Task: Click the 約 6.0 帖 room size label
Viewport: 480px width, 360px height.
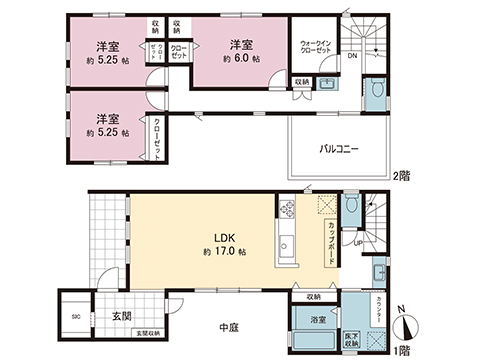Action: pos(240,59)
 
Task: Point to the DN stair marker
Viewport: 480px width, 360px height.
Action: pos(353,57)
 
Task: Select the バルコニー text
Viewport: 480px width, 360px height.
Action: pos(339,149)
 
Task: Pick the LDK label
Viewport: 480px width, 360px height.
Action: pos(221,237)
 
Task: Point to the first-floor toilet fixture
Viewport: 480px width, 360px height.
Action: pos(352,208)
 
